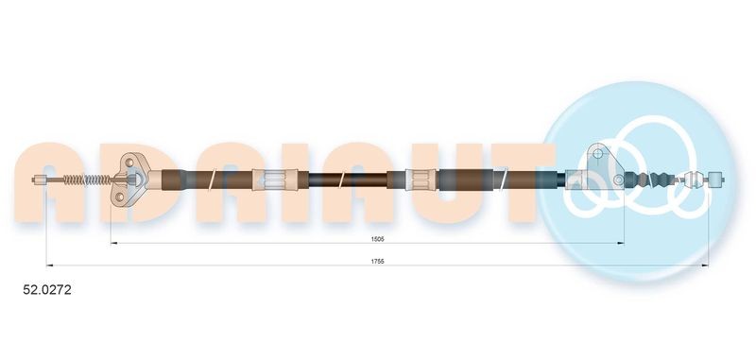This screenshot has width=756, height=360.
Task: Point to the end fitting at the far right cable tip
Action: pos(718,178)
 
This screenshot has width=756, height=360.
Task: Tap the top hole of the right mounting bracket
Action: pos(597,154)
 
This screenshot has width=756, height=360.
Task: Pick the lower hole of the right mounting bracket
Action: pos(619,179)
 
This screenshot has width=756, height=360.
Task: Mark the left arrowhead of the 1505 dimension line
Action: pos(113,244)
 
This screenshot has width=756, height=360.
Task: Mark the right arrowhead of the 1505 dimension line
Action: pos(622,244)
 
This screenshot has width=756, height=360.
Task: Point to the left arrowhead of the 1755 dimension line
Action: pos(49,266)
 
